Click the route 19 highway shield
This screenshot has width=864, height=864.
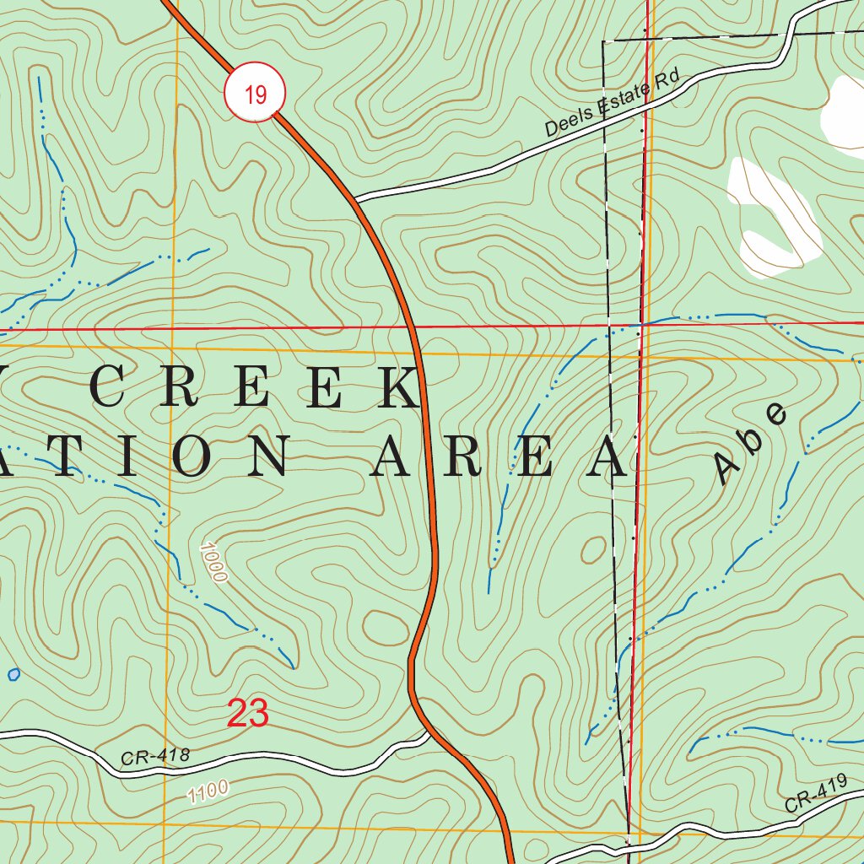[256, 94]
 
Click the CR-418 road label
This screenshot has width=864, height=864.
[155, 757]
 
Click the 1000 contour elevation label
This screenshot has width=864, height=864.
[214, 563]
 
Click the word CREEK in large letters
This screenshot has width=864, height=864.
[253, 389]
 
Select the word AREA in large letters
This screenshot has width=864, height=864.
[501, 460]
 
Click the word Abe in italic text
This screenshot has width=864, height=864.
[751, 442]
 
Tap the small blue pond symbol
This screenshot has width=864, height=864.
[13, 674]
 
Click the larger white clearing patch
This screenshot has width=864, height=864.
[774, 219]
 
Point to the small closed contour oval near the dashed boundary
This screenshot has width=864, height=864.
[593, 548]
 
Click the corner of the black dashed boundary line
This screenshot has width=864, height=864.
[604, 40]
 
